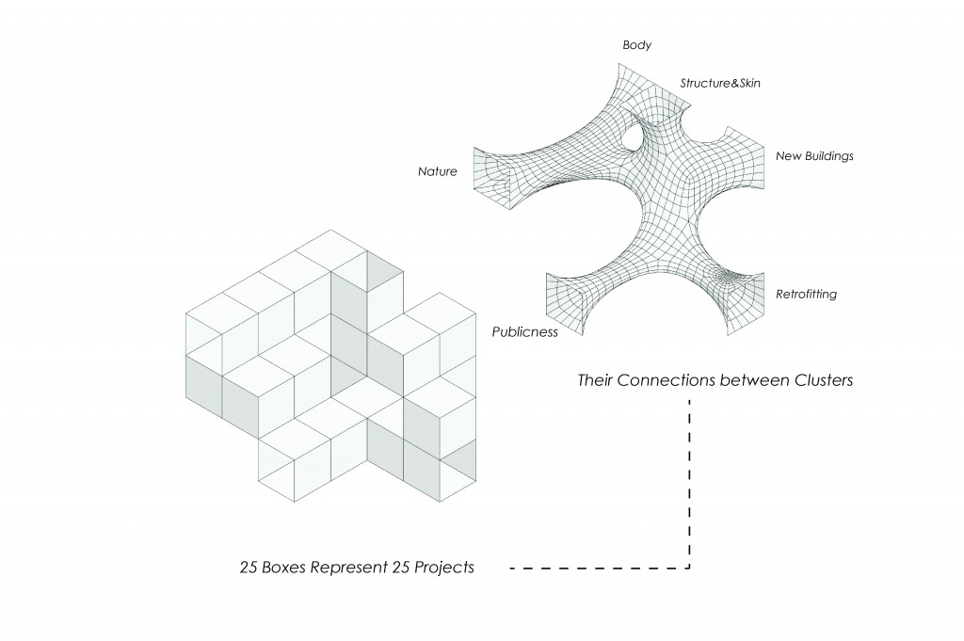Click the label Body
[x=637, y=45]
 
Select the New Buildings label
[x=814, y=155]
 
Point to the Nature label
[x=438, y=172]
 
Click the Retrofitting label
[x=806, y=295]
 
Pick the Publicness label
[x=525, y=331]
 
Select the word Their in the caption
[x=596, y=381]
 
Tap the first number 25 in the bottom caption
[x=249, y=569]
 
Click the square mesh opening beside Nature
[x=490, y=178]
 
